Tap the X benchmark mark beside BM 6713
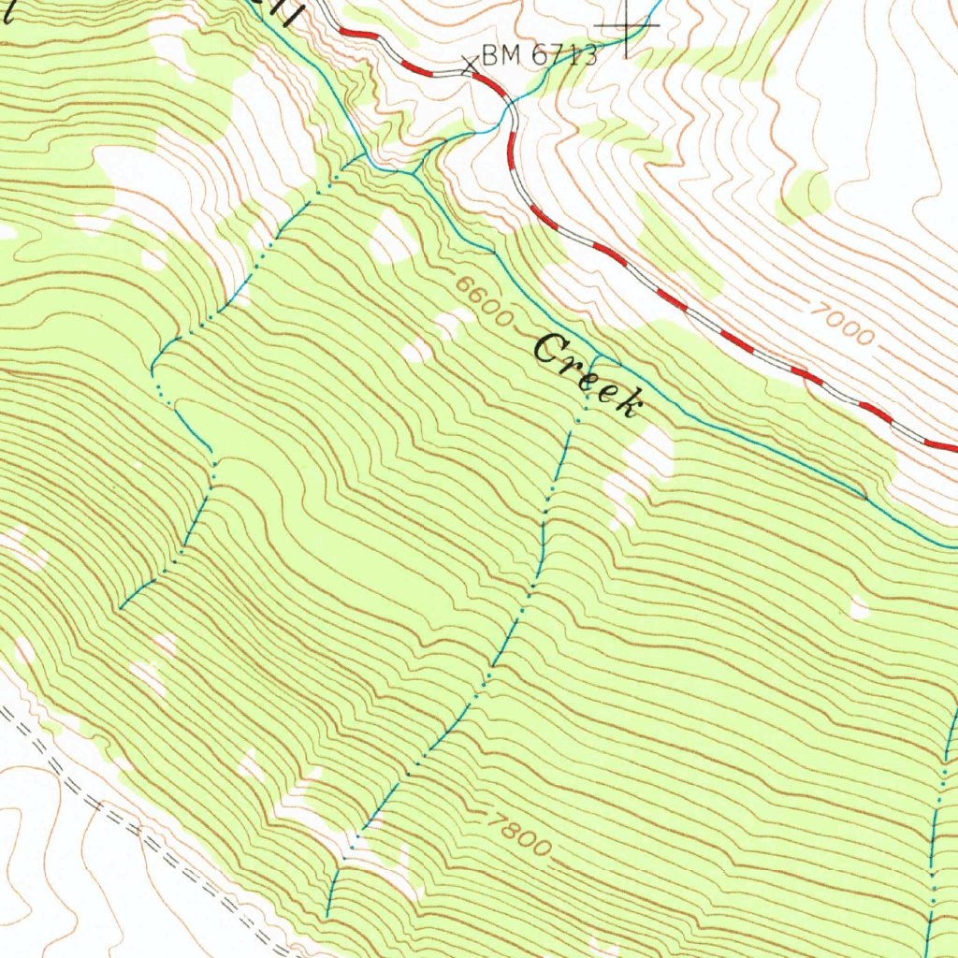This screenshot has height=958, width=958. coord(470,65)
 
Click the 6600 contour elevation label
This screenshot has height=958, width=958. coord(486,301)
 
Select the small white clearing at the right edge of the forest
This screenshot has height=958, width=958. coord(859,609)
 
